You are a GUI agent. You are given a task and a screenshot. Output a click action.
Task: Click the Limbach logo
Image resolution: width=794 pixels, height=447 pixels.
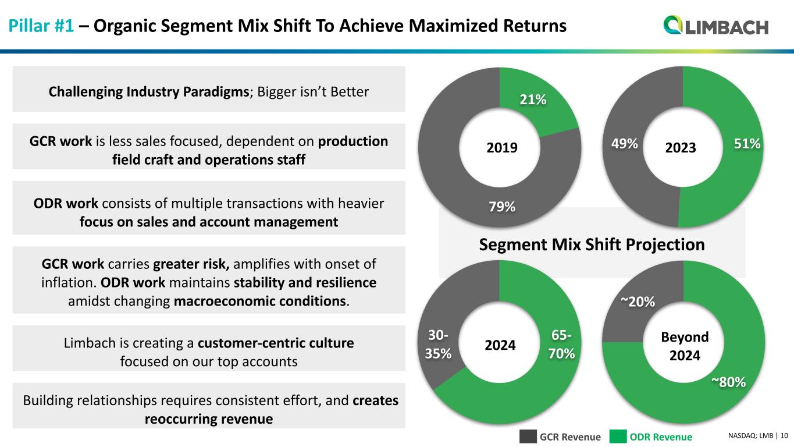click(716, 26)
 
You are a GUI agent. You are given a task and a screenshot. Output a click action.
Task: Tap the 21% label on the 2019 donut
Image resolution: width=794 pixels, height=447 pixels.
click(533, 100)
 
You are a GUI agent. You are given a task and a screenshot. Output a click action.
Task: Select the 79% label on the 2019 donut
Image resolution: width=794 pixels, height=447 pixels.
click(501, 206)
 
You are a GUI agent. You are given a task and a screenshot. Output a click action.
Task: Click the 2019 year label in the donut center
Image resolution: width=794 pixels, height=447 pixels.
click(501, 147)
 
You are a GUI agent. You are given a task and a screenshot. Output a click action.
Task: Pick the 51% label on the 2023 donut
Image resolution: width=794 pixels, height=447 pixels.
click(746, 143)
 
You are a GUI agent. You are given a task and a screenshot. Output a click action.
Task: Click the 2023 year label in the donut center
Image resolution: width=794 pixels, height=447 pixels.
click(681, 147)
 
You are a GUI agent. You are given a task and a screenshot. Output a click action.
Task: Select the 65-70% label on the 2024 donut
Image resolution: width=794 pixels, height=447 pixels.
click(561, 345)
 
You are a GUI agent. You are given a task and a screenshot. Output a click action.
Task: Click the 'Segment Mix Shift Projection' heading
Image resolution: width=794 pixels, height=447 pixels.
click(592, 244)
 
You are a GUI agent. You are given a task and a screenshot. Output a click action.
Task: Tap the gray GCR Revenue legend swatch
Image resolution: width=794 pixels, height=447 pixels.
click(528, 437)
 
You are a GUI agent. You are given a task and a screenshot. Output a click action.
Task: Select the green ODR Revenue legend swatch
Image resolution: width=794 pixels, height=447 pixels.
click(619, 437)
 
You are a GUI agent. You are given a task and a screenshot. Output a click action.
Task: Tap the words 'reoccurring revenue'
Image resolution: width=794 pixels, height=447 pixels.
click(208, 419)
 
